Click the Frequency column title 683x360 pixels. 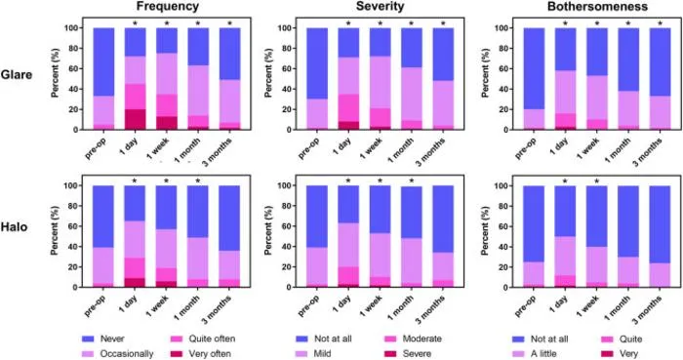pos(167,7)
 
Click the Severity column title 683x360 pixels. pos(381,7)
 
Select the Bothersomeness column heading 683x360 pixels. pos(597,7)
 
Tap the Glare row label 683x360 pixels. pos(17,75)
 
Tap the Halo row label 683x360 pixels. pos(14,226)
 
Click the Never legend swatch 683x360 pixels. pos(88,339)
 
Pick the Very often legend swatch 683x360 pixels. pos(177,354)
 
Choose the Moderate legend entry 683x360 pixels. pos(413,339)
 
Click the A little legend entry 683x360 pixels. pos(535,354)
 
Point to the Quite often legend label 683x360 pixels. pos(212,339)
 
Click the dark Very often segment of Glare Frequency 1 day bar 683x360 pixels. pos(136,119)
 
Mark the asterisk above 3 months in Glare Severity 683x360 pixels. pos(443,23)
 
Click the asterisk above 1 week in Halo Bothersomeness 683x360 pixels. pos(597,181)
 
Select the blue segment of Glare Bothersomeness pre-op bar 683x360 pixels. pos(534,68)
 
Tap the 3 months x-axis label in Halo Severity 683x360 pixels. pos(430,310)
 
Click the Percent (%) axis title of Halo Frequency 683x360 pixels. pos(56,230)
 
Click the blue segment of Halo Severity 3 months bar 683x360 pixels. pos(443,219)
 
